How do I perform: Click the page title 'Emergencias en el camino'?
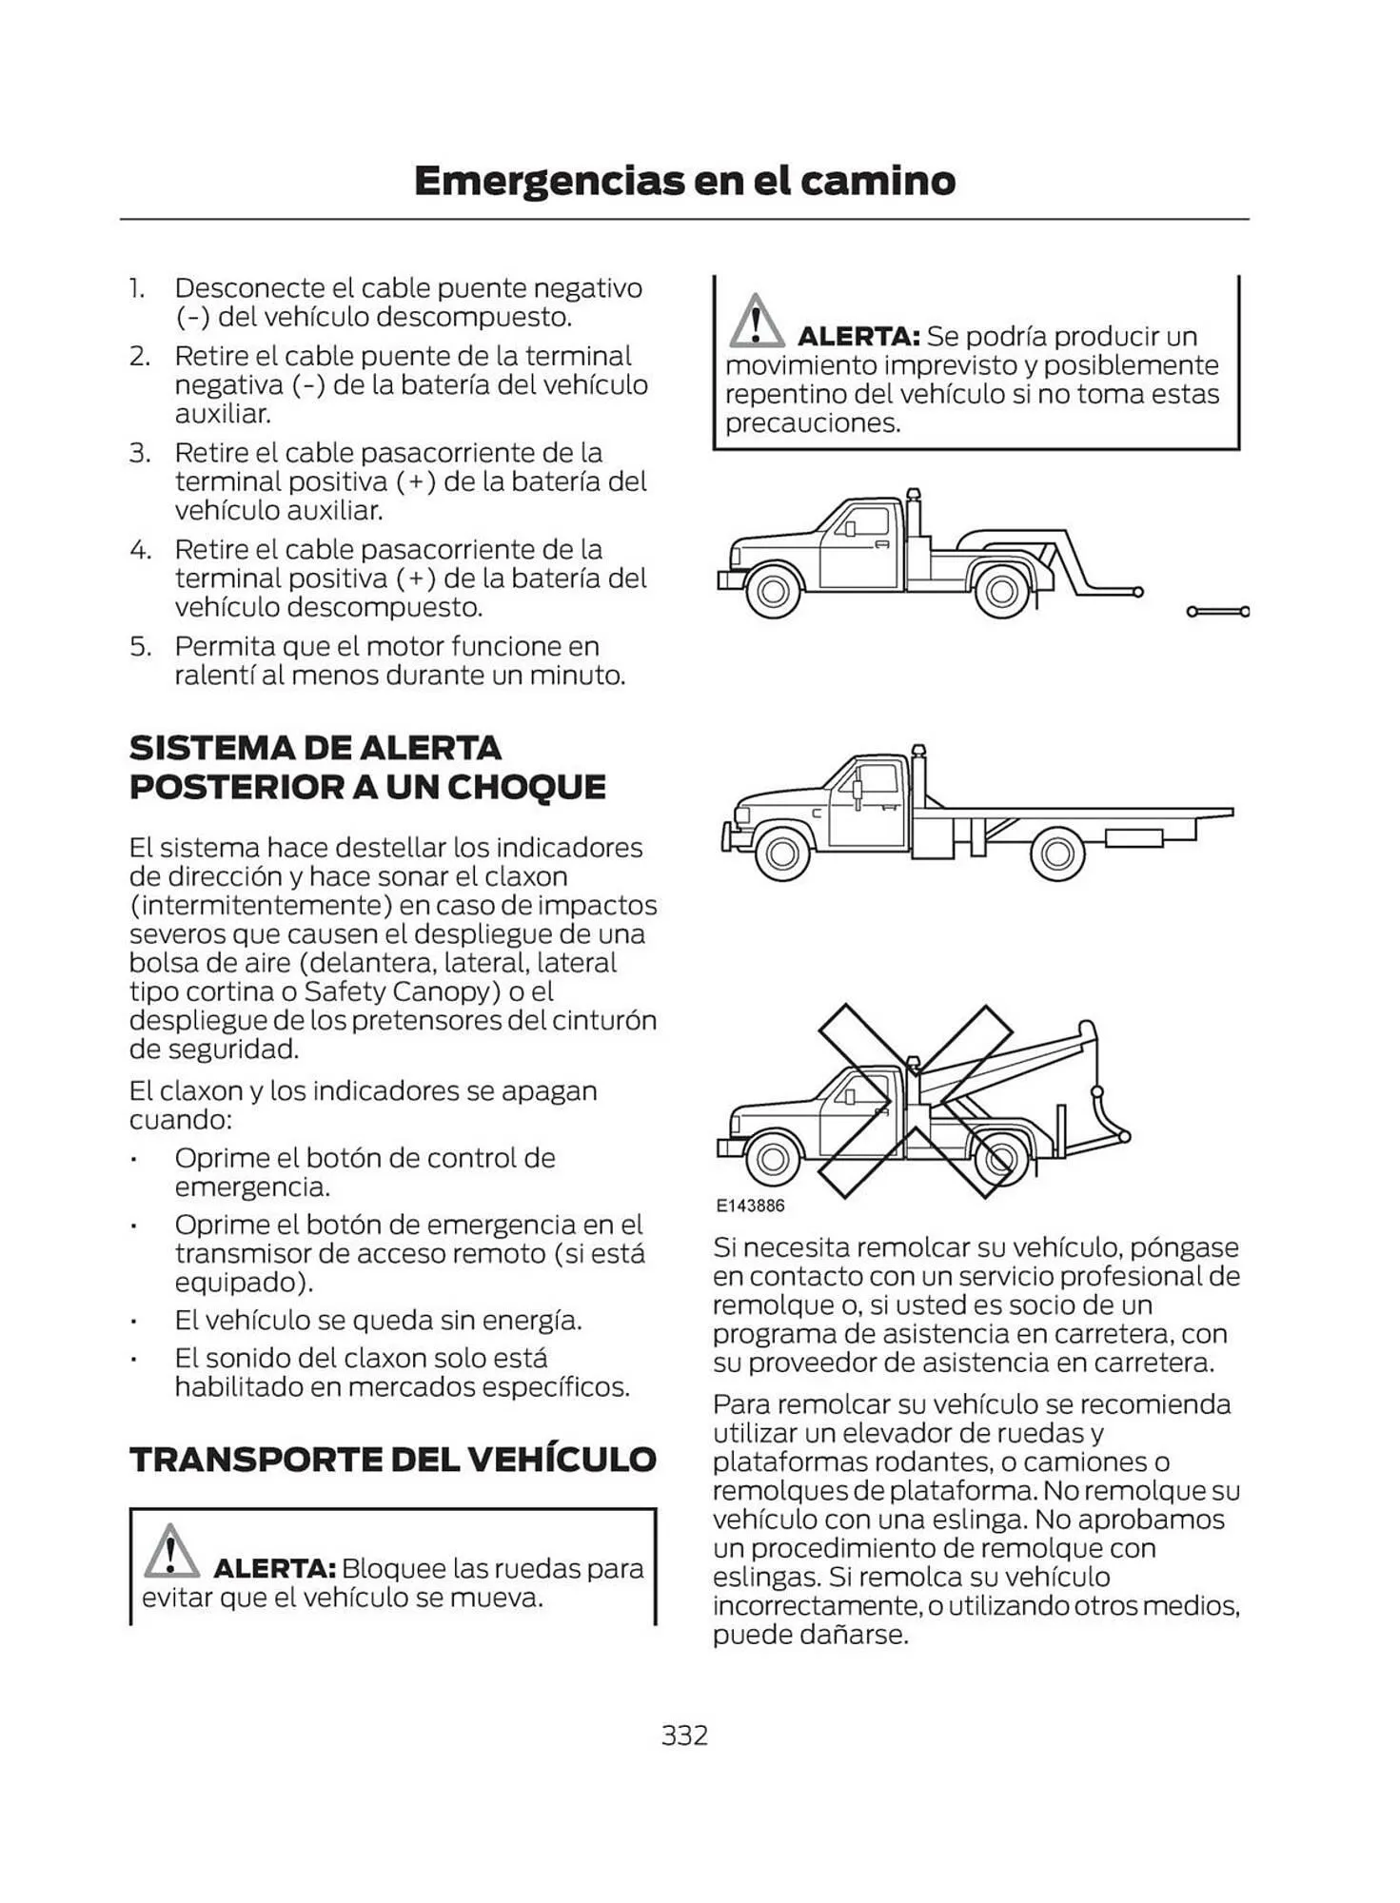(x=684, y=181)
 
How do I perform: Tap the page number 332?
(x=684, y=1735)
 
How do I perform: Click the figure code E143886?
(x=750, y=1206)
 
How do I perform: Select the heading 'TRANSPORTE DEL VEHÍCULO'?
(x=392, y=1460)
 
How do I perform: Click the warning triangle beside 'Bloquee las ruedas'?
(x=171, y=1551)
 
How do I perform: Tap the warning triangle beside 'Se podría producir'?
(x=756, y=321)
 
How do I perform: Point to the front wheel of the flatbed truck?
(x=781, y=853)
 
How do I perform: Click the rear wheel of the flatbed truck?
(x=1056, y=853)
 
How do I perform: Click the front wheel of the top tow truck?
(x=773, y=591)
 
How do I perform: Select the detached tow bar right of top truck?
(x=1218, y=611)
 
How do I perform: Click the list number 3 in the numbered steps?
(x=140, y=453)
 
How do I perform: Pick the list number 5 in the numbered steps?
(x=140, y=647)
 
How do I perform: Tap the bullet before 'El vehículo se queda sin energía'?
(x=136, y=1322)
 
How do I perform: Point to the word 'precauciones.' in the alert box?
(x=812, y=423)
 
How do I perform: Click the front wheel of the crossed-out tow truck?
(x=772, y=1159)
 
